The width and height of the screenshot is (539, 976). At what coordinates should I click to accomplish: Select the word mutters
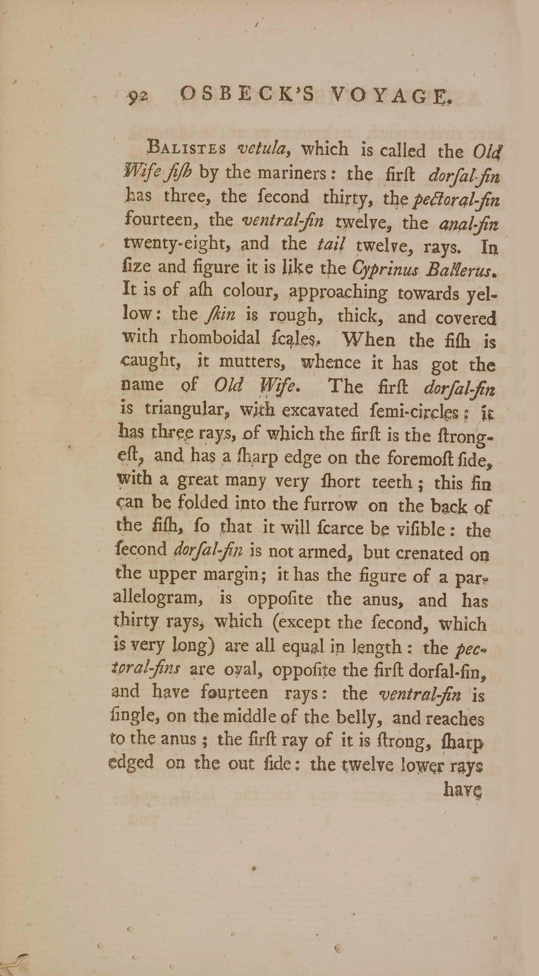[252, 362]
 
